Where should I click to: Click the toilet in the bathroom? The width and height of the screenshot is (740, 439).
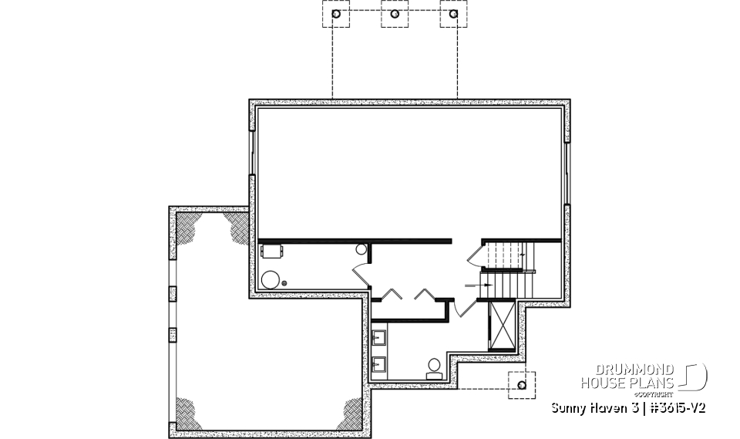(x=434, y=366)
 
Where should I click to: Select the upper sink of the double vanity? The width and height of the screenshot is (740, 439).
(x=379, y=337)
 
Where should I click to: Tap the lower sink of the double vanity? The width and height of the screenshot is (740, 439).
(x=379, y=363)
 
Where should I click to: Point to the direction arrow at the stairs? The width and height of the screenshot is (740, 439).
(x=473, y=285)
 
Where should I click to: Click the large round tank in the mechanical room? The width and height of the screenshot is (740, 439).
(x=271, y=279)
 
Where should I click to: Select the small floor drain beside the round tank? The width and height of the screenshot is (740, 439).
(x=285, y=284)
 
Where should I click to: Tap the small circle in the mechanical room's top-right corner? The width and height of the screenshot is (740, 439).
(x=361, y=250)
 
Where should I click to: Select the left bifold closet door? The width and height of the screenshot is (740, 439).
(x=392, y=293)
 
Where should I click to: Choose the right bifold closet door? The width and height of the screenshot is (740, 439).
(x=424, y=293)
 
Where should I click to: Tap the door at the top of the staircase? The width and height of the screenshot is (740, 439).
(x=476, y=253)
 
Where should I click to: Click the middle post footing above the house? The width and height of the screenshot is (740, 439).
(x=395, y=14)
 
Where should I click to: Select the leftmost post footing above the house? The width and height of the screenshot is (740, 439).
(x=336, y=14)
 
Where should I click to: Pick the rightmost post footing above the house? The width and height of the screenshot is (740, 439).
(x=455, y=14)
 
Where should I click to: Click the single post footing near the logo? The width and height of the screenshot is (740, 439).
(x=522, y=383)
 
